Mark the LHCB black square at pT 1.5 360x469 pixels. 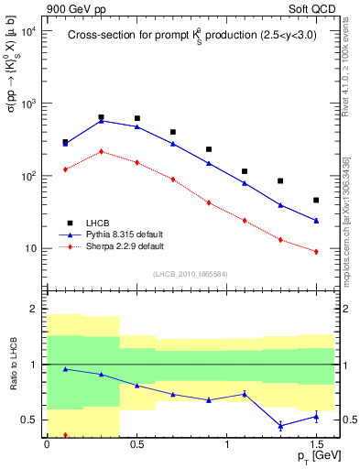tap(316, 200)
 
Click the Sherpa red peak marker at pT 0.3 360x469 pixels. tap(101, 151)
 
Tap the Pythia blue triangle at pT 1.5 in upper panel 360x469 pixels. tap(316, 221)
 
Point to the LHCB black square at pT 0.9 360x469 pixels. tap(209, 148)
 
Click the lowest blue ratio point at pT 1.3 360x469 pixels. tap(280, 425)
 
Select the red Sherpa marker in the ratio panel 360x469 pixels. tap(65, 435)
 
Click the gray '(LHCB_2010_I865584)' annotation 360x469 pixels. tap(190, 273)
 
